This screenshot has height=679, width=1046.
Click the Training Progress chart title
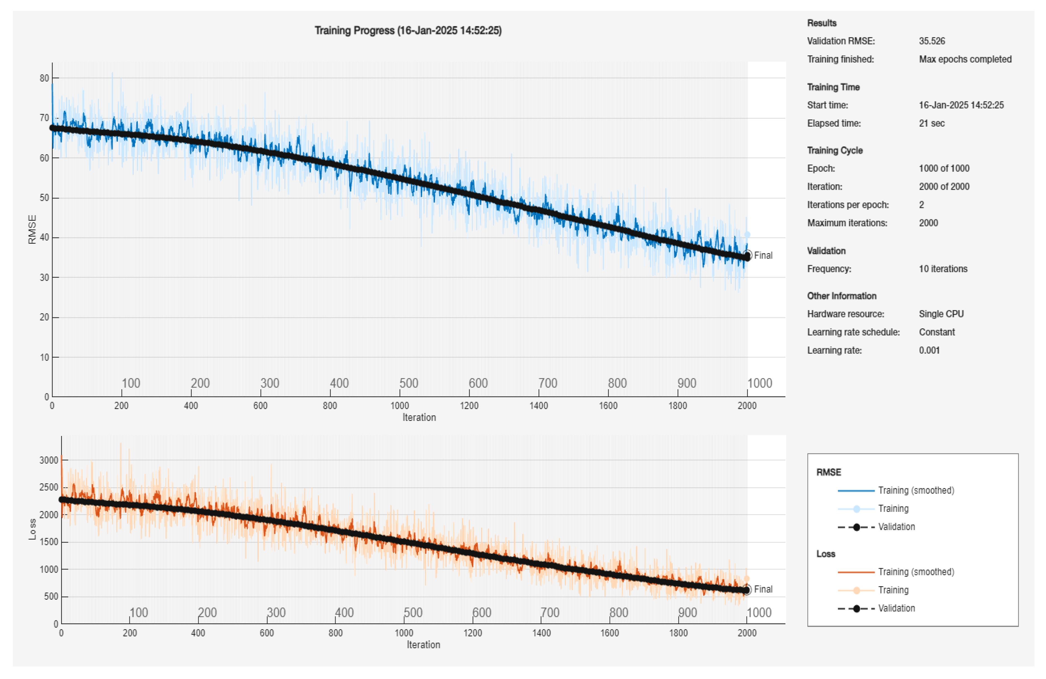(408, 30)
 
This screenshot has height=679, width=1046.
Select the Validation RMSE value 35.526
(932, 41)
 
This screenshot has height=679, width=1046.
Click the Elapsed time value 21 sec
(931, 123)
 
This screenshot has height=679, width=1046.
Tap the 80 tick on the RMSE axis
(44, 78)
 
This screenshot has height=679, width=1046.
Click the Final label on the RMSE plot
(763, 255)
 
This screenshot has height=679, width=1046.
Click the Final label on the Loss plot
(763, 589)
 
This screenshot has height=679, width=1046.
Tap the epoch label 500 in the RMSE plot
(409, 383)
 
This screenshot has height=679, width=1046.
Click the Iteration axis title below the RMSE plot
(419, 417)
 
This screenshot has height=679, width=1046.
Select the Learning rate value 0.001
(929, 350)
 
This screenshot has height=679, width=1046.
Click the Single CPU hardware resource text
(941, 314)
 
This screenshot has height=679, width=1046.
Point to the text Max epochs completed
(965, 59)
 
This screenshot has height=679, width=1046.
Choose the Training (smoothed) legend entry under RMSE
(916, 490)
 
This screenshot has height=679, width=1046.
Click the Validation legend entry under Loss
(896, 608)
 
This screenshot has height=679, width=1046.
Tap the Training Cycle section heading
(835, 150)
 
